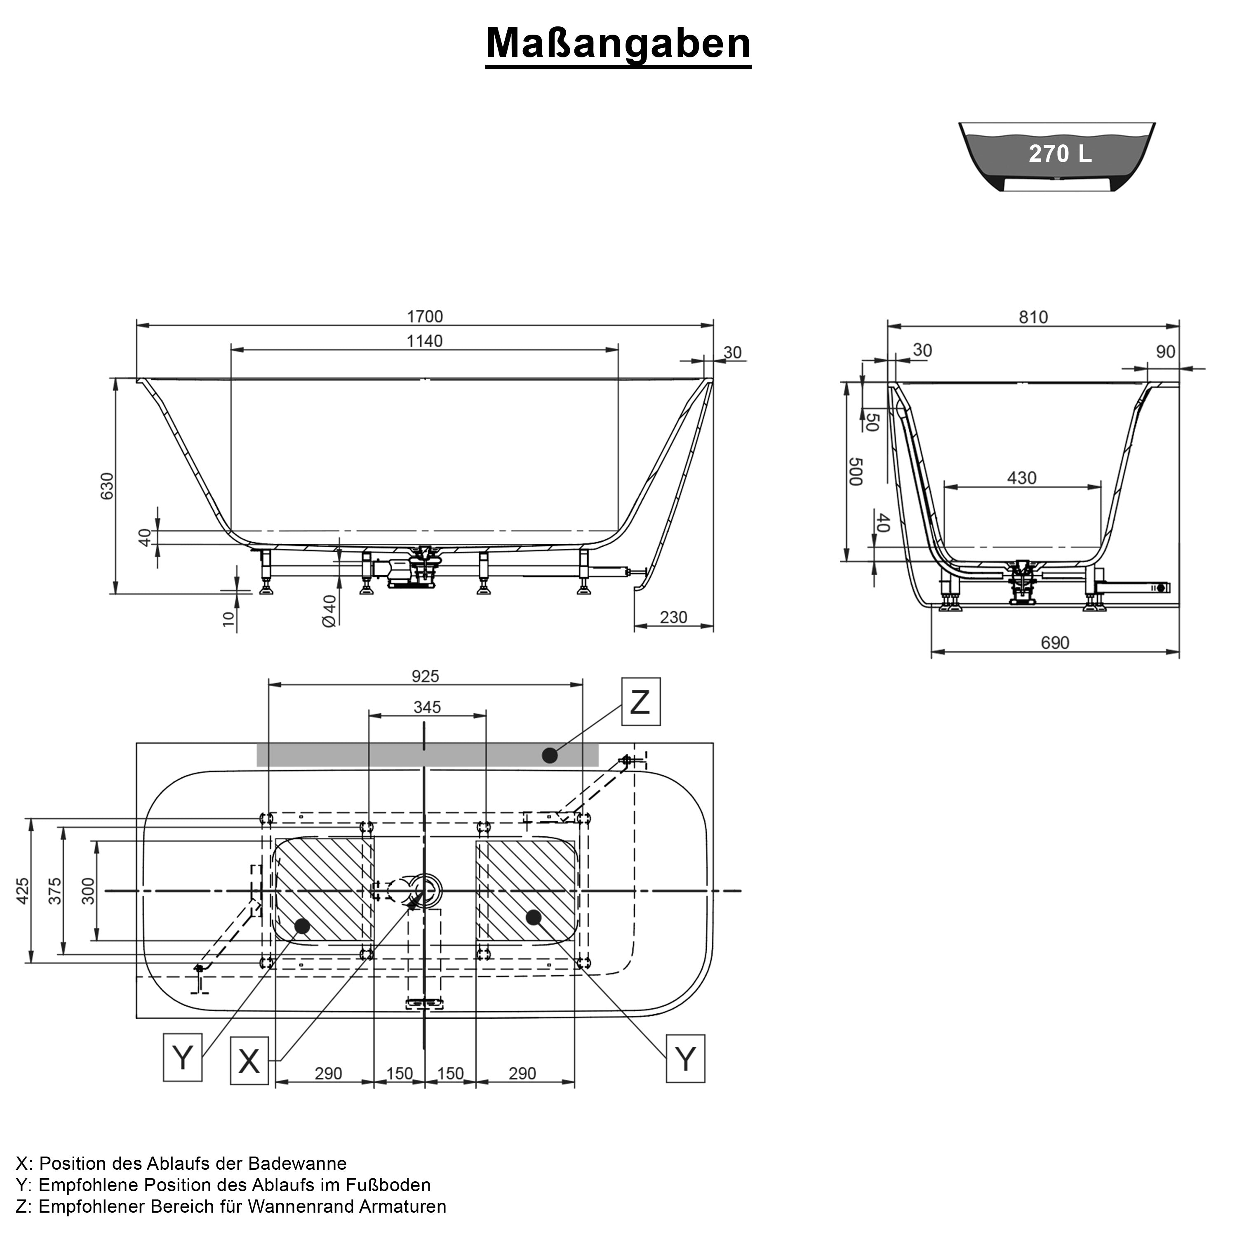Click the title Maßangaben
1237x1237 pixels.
[x=618, y=44]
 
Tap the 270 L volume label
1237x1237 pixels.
[x=1060, y=154]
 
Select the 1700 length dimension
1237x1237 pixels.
[x=425, y=316]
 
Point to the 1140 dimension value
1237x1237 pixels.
[x=425, y=341]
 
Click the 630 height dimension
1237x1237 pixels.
[x=107, y=486]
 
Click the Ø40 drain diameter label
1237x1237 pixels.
[x=329, y=611]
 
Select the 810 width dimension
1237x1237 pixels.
[x=1033, y=317]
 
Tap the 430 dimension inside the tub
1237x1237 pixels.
[x=1021, y=478]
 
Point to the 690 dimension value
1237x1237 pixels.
[x=1054, y=642]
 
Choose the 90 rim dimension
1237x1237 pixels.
[x=1165, y=352]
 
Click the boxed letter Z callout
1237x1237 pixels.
[x=640, y=703]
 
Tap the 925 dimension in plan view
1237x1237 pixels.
[x=425, y=677]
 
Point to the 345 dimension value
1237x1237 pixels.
[x=427, y=707]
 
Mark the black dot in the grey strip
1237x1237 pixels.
[x=549, y=755]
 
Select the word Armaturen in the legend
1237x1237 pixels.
[x=402, y=1206]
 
